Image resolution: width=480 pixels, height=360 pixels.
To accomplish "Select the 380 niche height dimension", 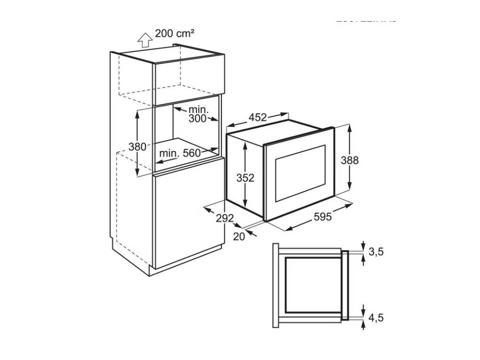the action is [137, 146].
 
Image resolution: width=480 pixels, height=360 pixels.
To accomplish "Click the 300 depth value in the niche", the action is [197, 119].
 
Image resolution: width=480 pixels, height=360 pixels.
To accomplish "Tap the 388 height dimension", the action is [349, 160].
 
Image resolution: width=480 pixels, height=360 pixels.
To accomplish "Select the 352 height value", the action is [245, 178].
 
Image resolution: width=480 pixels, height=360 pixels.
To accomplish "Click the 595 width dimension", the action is [323, 217].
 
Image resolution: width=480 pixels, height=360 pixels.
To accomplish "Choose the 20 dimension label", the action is [239, 237].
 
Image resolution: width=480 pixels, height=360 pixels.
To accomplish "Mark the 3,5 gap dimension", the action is [376, 252].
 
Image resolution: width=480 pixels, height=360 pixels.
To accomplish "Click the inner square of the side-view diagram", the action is [312, 285].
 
